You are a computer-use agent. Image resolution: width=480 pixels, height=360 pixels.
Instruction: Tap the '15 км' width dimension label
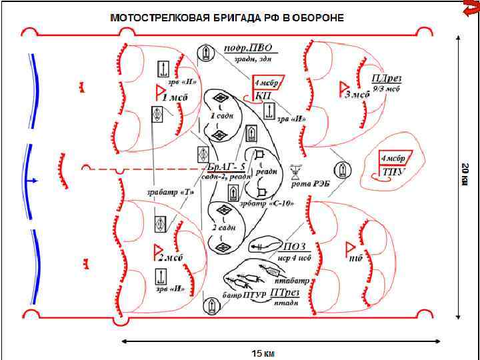click(x=261, y=352)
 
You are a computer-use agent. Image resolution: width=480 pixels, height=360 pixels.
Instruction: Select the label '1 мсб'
click(x=175, y=97)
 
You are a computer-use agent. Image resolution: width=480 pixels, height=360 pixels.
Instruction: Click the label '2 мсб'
click(x=171, y=257)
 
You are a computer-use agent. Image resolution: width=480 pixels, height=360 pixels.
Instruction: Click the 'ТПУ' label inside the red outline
click(x=389, y=171)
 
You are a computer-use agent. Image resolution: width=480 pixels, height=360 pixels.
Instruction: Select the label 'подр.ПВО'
click(x=255, y=49)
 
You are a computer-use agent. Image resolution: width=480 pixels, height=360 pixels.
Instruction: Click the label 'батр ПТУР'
click(x=241, y=295)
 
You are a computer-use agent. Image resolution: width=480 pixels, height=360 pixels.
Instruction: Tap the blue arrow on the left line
click(x=31, y=181)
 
